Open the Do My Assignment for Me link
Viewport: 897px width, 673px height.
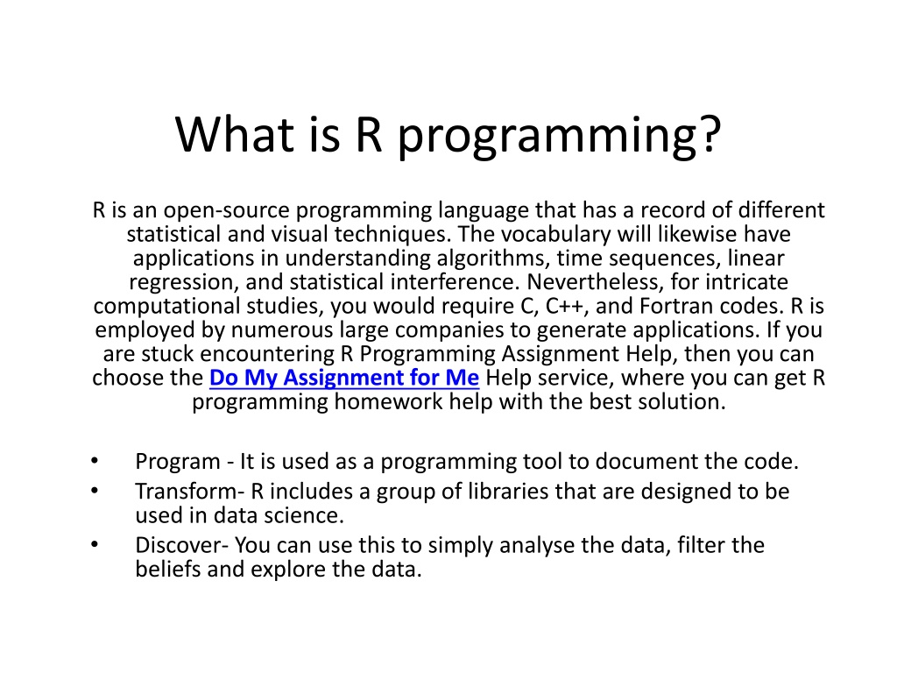(x=344, y=379)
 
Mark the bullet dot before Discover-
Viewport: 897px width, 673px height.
(x=95, y=545)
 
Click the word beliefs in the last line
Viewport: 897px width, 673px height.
(x=166, y=570)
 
